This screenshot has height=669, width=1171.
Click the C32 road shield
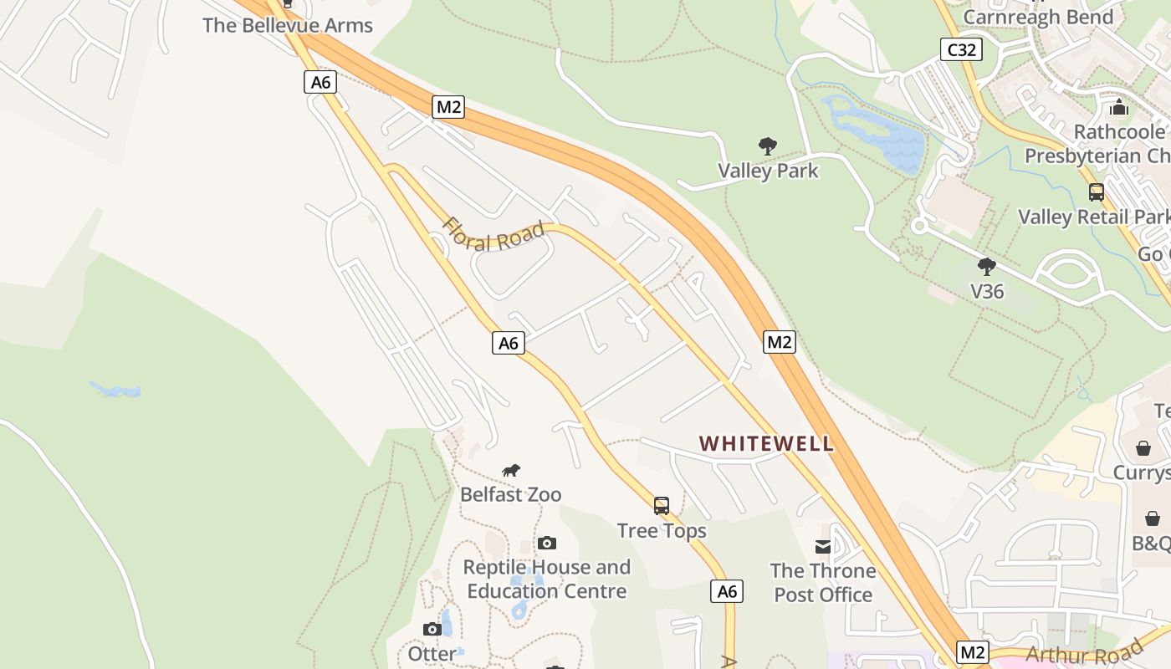961,49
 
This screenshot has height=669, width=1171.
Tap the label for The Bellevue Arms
288,25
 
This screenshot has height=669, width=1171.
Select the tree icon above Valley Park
768,146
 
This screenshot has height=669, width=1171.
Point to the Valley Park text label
768,171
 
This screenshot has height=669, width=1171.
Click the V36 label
987,291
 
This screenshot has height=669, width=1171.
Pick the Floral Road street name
493,235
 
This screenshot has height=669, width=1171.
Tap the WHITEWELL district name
766,443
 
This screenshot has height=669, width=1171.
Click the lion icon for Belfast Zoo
511,471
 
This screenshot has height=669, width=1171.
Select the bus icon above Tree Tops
662,506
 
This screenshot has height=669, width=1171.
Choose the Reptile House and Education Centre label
547,579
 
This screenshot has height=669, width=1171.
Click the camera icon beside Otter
432,629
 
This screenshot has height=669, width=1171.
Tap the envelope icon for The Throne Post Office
823,547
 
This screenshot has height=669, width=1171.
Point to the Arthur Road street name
1084,654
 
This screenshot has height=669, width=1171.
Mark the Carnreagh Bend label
1038,17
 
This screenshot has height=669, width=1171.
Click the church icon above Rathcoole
1119,107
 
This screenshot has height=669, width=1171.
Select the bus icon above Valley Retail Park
1096,192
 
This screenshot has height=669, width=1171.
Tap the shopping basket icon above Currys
1143,448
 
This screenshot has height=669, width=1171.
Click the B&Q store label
1152,543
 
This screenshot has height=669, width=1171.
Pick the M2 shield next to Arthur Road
972,652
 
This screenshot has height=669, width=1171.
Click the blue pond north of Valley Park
878,134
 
